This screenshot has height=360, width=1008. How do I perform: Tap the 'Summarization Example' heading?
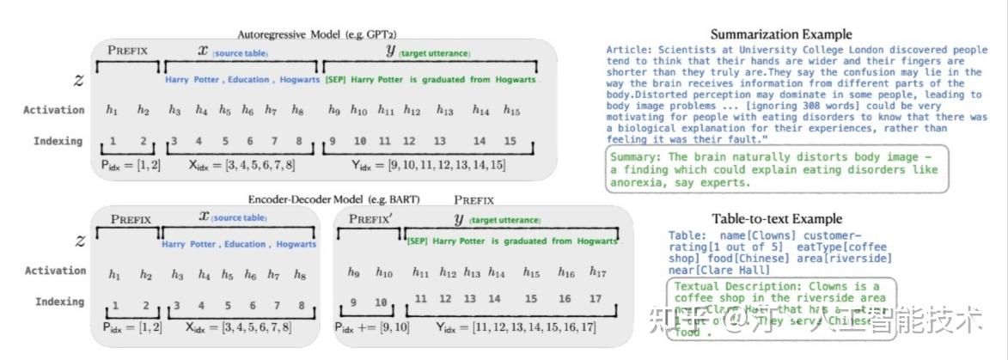click(781, 35)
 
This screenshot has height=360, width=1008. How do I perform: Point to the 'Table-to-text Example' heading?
click(777, 219)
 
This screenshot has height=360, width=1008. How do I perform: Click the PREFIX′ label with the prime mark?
click(370, 218)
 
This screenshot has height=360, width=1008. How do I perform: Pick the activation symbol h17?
click(599, 272)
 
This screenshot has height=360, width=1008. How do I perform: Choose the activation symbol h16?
click(565, 272)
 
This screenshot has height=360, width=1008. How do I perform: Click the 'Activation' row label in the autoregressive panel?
click(54, 110)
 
